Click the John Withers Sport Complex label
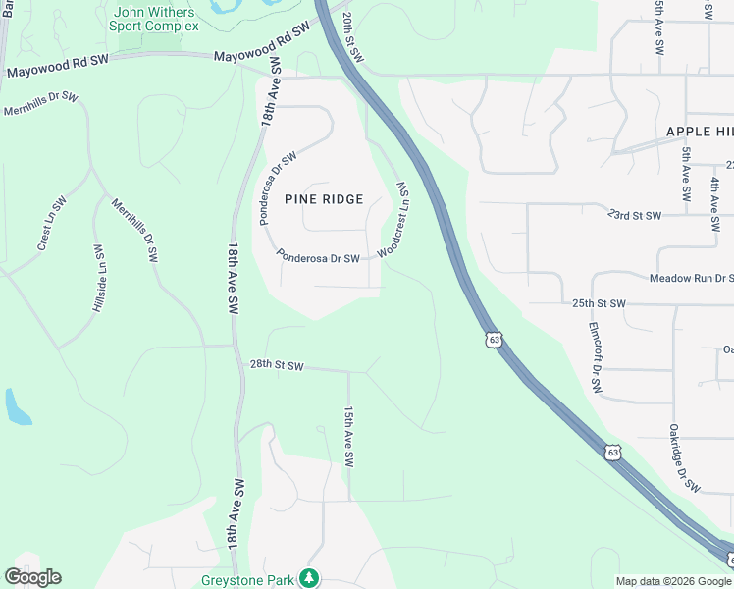coord(154,19)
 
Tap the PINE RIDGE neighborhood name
coord(324,199)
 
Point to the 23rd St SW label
coord(634,214)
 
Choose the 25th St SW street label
coord(599,304)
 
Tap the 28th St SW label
coord(276,365)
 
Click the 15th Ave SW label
coord(347,438)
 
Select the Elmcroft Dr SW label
coord(594,358)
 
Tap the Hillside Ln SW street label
coord(98,279)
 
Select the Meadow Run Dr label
coord(692,279)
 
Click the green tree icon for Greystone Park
coord(310,578)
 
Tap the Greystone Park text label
coord(247,579)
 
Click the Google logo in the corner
coord(32,577)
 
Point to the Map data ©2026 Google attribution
coord(673,581)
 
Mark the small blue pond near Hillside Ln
coord(17,406)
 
